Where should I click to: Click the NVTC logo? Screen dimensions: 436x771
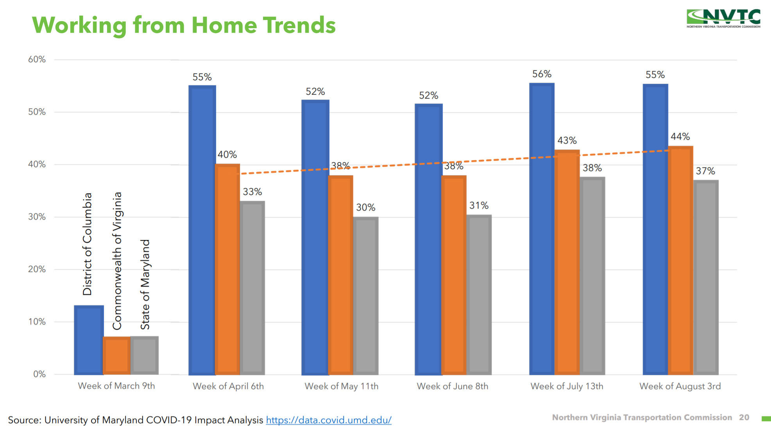[x=723, y=18]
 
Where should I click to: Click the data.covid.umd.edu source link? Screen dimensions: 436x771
[x=328, y=420]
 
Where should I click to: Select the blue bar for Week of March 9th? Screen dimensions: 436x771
[x=89, y=340]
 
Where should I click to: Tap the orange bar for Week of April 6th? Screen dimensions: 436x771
[x=227, y=269]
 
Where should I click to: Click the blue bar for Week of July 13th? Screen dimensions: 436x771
[x=542, y=229]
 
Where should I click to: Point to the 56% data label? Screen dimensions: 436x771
[x=542, y=74]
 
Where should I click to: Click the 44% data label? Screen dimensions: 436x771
[x=680, y=137]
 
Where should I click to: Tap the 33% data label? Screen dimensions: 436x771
[x=252, y=192]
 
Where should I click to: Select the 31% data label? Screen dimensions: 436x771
[x=479, y=205]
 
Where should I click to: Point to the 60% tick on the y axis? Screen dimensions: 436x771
[x=37, y=59]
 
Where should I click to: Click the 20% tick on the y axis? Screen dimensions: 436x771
[x=37, y=269]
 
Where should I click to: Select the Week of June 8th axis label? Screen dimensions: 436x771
[x=452, y=386]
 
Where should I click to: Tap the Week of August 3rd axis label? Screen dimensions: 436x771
[x=680, y=386]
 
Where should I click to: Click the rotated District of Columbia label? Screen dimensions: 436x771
[x=87, y=244]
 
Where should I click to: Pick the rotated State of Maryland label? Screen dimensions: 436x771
[x=145, y=285]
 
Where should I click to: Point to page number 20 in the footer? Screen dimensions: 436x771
[x=744, y=418]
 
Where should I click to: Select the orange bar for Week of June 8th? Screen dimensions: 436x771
[x=454, y=275]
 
